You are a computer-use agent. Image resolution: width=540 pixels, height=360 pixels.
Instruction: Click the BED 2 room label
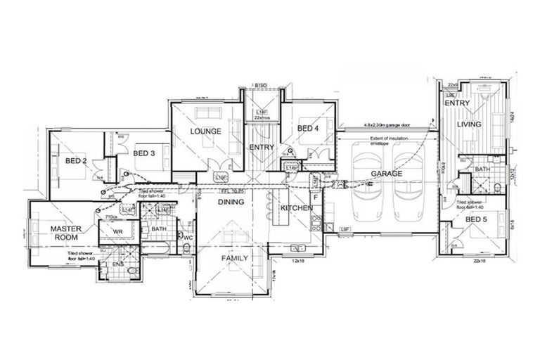[76, 161]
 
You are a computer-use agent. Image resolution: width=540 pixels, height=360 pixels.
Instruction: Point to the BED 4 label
[308, 129]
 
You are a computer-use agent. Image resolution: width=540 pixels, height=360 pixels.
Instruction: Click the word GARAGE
[387, 173]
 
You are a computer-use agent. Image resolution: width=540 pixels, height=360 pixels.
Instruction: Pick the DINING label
[231, 202]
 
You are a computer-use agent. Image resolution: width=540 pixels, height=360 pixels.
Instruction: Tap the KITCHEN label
[296, 209]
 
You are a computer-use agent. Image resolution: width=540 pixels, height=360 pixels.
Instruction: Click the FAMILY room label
[234, 259]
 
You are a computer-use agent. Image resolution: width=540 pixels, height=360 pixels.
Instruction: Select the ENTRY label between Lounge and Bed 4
[261, 147]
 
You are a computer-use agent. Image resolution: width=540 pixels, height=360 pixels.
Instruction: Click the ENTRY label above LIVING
[456, 103]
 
